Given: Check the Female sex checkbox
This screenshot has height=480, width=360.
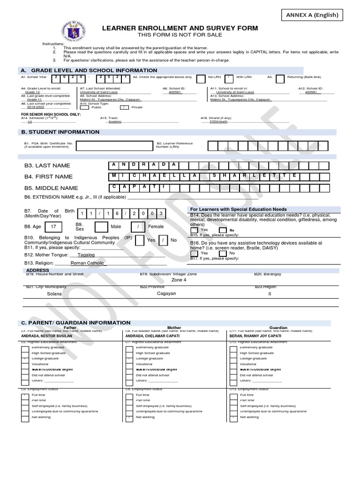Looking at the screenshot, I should pos(138,227).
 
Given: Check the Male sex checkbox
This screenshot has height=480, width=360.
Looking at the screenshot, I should pos(101,227).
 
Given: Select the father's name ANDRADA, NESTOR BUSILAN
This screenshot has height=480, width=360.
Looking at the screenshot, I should pos(46,336).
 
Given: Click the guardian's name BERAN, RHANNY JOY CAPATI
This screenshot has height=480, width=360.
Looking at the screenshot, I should pos(256,336).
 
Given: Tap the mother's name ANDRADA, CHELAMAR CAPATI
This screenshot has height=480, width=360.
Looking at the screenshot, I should pos(152,336).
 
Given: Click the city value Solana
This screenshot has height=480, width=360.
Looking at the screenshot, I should pos(54,294).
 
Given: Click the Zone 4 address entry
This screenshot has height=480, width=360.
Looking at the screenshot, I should pos(179,280).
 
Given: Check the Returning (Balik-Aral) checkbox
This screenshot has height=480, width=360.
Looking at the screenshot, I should pos(280,78).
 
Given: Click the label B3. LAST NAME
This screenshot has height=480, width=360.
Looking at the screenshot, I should pos(47,165).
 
